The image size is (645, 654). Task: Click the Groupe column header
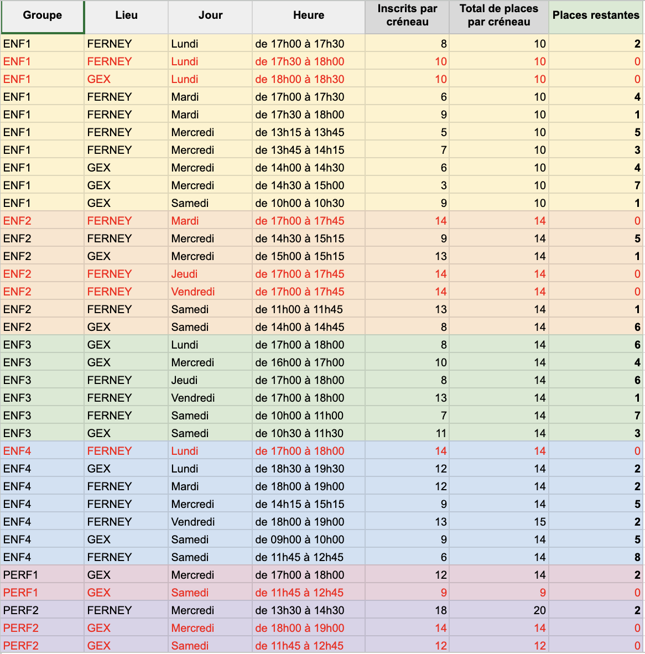coord(43,15)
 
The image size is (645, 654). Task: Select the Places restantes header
coord(596,15)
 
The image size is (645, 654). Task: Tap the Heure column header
coord(309,15)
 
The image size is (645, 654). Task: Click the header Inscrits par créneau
coord(407,15)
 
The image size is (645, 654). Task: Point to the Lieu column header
coord(126,15)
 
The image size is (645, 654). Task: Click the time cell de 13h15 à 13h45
coord(300,132)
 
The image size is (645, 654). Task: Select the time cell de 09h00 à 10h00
coord(300,539)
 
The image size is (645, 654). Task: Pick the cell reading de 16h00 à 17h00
coord(300,362)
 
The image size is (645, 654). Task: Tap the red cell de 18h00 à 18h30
coord(300,79)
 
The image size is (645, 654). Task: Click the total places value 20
coord(539,611)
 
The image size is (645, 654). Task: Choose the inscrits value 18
coord(441,611)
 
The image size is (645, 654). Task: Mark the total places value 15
coord(540,522)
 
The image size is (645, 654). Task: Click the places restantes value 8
coord(637,557)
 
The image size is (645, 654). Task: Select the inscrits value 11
coord(441,433)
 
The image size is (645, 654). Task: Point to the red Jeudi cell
coord(184,274)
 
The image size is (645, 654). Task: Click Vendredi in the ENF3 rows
coord(193,398)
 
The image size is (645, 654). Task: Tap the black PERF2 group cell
coord(21,611)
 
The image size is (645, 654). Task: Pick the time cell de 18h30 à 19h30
coord(300,469)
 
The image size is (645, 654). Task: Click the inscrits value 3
coord(444,185)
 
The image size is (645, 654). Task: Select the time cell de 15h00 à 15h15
coord(300,256)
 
